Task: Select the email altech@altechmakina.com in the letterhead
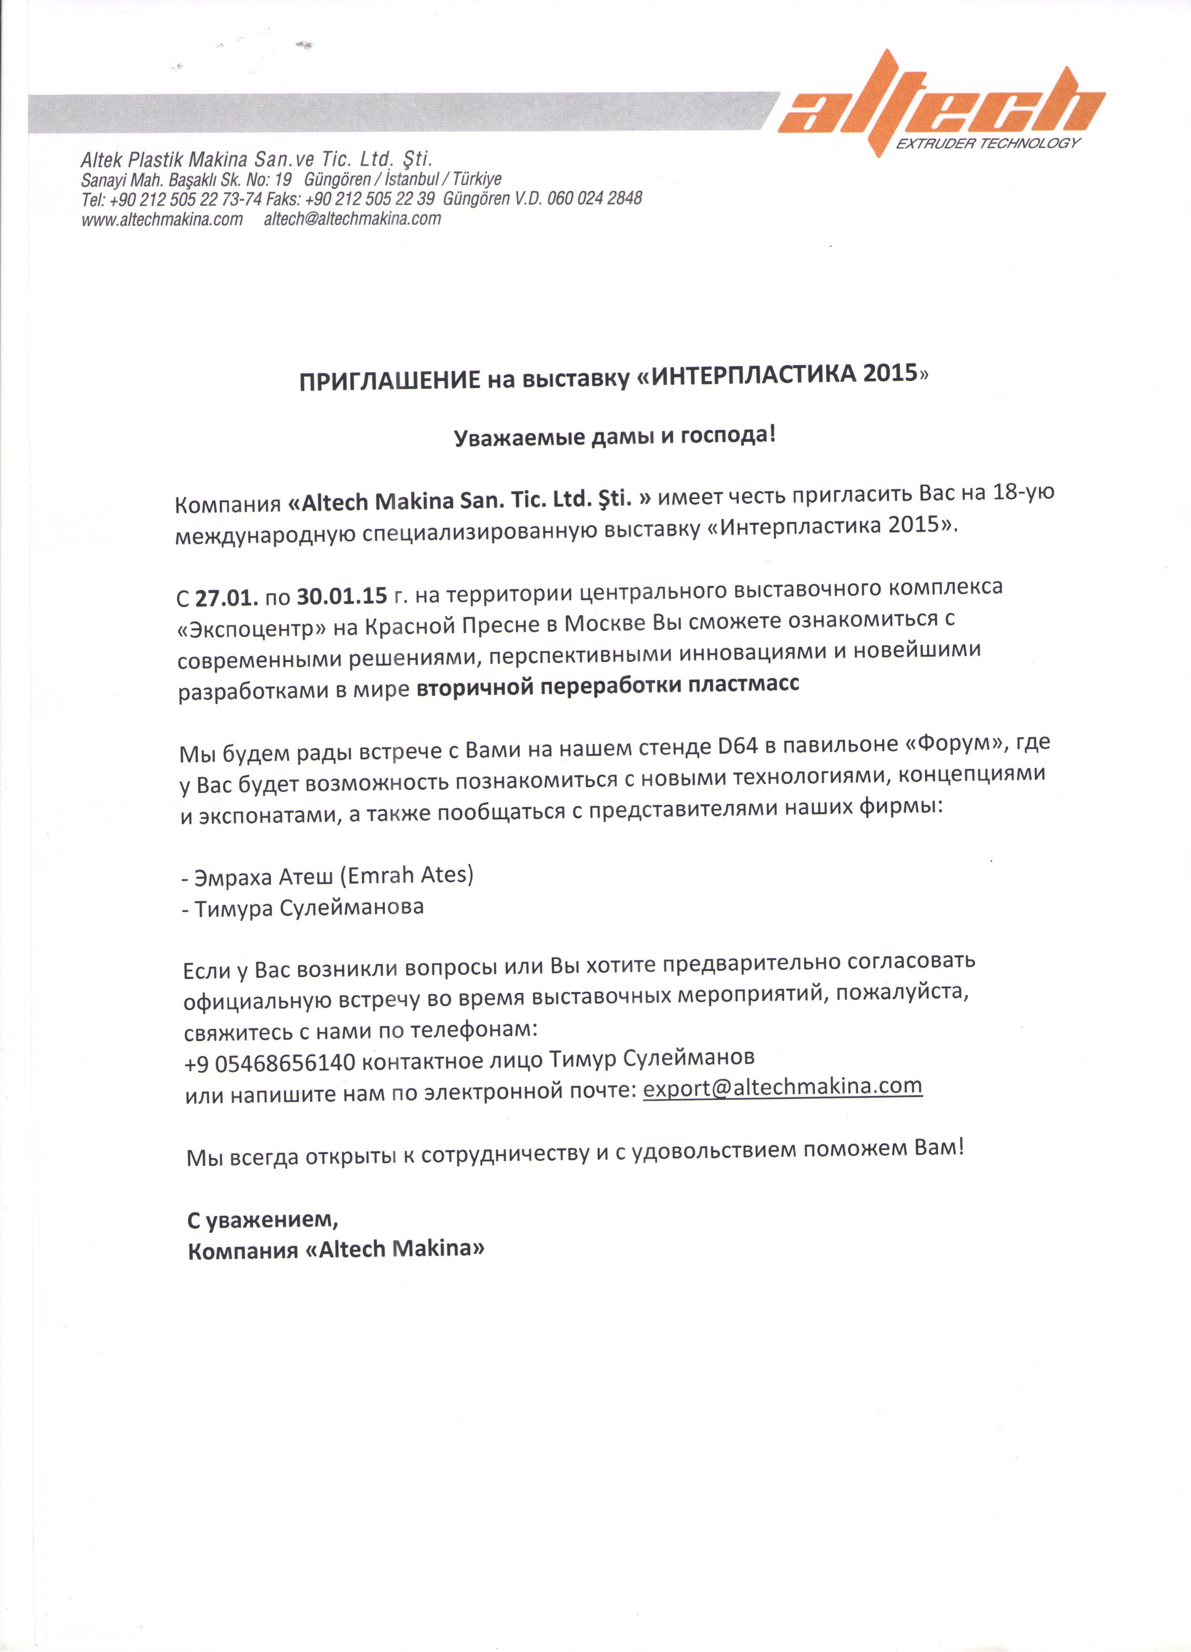(x=352, y=219)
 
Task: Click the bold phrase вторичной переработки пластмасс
(x=608, y=685)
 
